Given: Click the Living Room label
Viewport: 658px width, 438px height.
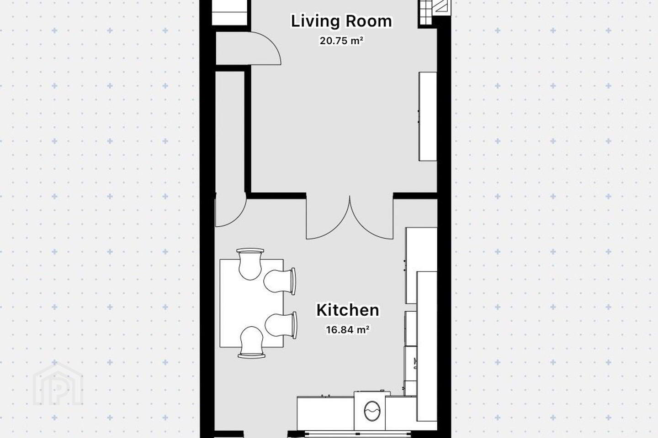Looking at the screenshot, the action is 341,21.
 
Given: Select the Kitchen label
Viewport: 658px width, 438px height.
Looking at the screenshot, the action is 347,310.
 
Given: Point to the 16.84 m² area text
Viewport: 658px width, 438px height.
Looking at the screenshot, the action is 347,330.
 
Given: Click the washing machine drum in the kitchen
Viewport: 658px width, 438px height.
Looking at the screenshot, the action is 372,411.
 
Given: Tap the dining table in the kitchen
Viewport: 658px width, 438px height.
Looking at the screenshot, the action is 252,303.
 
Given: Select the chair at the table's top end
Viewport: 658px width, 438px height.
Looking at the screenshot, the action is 250,264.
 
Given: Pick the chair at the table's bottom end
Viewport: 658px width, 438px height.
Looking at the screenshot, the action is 251,342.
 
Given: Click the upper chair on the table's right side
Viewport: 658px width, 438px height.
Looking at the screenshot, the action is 280,281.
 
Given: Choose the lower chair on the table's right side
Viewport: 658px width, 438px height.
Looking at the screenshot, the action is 281,325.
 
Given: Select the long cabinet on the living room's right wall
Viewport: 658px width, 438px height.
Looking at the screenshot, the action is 428,116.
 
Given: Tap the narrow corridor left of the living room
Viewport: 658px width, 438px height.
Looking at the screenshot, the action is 230,132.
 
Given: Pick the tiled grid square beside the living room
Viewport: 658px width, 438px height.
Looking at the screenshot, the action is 425,12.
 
